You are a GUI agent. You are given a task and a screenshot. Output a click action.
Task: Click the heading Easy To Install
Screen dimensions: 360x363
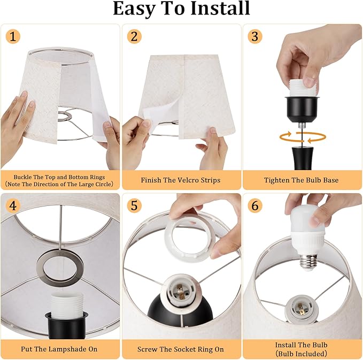[x=181, y=9]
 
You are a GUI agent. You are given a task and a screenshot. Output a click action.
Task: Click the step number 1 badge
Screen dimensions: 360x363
[x=13, y=37]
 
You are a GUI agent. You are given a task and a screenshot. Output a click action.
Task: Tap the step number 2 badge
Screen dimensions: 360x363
[x=134, y=37]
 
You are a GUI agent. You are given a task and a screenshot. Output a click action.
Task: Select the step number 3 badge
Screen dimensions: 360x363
[x=255, y=37]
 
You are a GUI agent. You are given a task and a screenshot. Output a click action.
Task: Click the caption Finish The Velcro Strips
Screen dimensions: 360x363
[x=181, y=180]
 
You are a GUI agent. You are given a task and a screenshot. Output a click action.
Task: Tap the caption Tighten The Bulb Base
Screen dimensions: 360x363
[x=302, y=180]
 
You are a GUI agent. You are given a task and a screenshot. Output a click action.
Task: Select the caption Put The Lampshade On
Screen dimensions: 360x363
[x=59, y=349]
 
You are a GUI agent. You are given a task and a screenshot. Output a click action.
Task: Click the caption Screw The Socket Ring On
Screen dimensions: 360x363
[x=181, y=349]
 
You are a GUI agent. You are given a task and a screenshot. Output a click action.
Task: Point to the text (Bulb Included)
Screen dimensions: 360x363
[x=302, y=354]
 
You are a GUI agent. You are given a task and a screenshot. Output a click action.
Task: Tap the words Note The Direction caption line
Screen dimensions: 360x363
[x=59, y=185]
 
